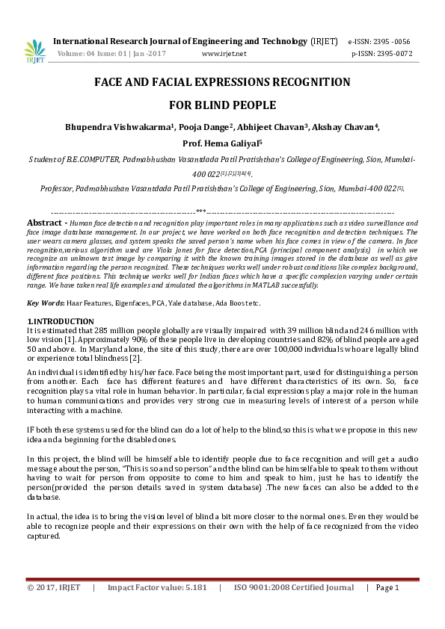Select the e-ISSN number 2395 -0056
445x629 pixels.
(x=390, y=42)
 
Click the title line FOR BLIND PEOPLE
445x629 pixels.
(x=222, y=105)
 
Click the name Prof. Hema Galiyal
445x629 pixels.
(x=221, y=143)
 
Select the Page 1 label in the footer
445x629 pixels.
(x=387, y=587)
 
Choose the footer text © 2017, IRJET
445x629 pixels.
(x=55, y=587)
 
